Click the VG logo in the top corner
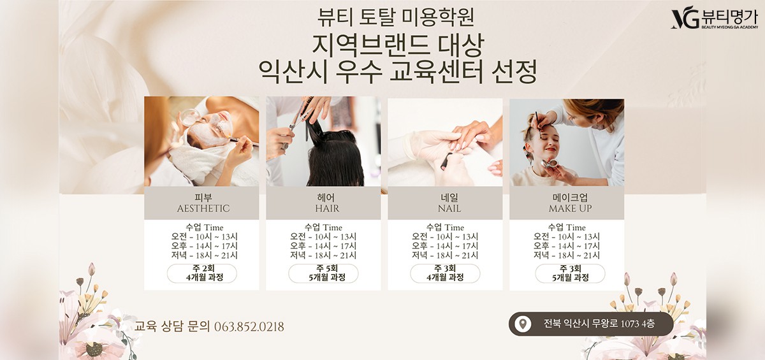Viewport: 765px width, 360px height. [x=685, y=20]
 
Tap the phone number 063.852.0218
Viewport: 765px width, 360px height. [x=249, y=327]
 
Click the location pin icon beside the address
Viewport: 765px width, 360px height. [x=523, y=324]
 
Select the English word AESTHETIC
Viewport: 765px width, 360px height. [x=203, y=208]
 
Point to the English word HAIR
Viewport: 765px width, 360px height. [x=327, y=208]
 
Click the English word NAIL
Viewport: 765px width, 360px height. [x=449, y=208]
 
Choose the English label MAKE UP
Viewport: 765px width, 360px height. [x=570, y=208]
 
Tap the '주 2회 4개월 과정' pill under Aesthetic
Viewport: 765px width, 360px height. [x=202, y=273]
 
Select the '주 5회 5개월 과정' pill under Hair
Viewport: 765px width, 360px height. [x=323, y=273]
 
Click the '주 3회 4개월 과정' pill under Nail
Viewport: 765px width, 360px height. [x=445, y=273]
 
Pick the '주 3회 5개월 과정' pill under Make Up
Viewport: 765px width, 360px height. [x=570, y=273]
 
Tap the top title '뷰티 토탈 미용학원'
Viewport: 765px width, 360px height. [x=395, y=17]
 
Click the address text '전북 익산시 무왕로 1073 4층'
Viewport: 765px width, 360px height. [x=599, y=324]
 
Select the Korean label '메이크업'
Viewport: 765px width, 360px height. [x=570, y=198]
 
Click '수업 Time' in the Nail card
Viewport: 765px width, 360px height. [x=445, y=227]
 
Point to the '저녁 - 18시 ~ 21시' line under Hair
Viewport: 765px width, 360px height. [x=323, y=256]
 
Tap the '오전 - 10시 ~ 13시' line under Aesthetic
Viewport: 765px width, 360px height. [x=205, y=236]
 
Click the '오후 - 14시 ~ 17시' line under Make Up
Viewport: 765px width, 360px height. [x=567, y=246]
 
